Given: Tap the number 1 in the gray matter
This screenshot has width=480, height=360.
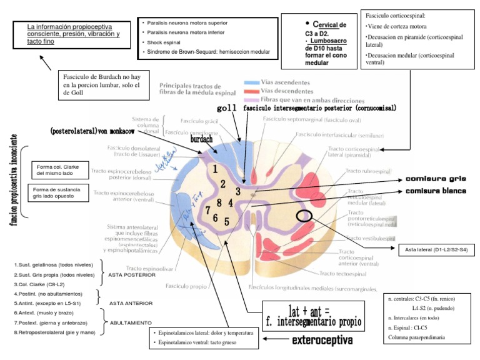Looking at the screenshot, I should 215,169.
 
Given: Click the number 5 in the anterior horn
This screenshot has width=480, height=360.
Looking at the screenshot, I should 227,221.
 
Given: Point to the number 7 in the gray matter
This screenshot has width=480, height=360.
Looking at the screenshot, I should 207,210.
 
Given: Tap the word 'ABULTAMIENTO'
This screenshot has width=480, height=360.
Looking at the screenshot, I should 131,322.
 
